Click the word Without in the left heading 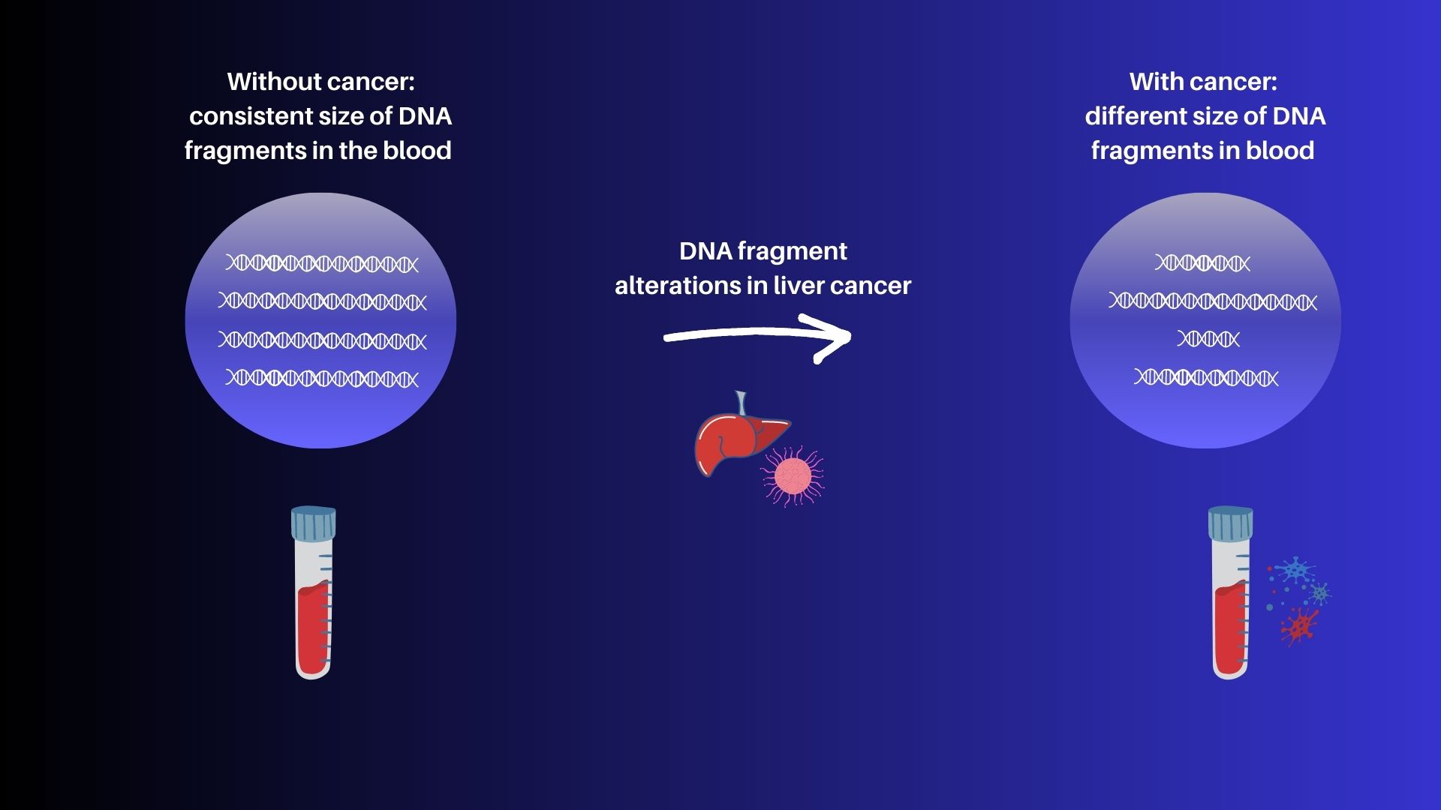(x=274, y=81)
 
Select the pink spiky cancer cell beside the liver (x=793, y=475)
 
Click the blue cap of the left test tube (x=313, y=523)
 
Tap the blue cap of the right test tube (x=1231, y=523)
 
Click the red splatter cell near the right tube (x=1299, y=626)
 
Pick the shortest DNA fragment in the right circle (x=1208, y=339)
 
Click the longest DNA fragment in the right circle (x=1213, y=301)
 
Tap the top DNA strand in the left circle (x=322, y=263)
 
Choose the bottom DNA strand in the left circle (x=322, y=377)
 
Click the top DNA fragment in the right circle (x=1202, y=263)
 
